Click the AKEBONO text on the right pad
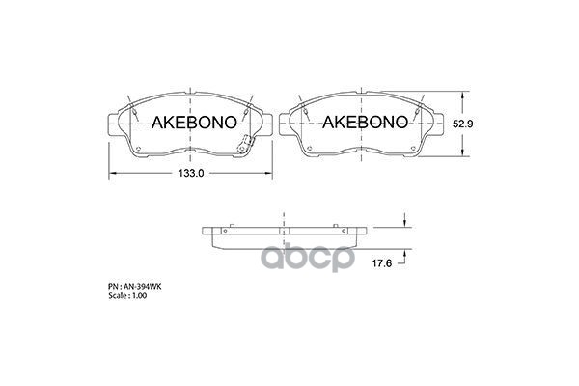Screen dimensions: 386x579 [x=358, y=122]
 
